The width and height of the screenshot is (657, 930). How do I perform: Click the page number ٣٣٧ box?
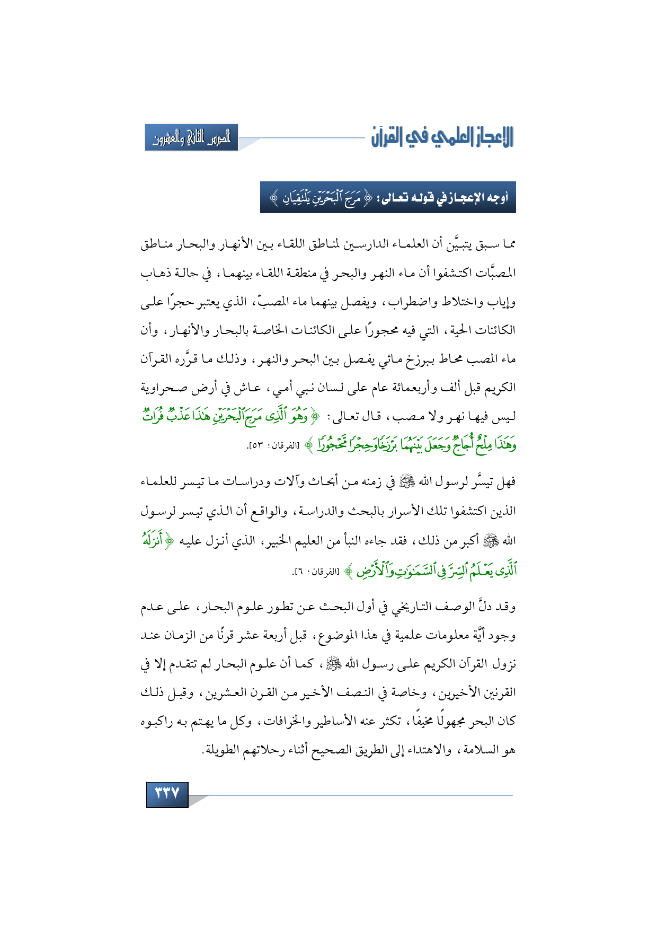click(167, 795)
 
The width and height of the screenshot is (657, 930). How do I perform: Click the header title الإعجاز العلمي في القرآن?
click(442, 138)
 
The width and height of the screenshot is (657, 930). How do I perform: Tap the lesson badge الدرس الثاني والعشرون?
click(191, 138)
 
